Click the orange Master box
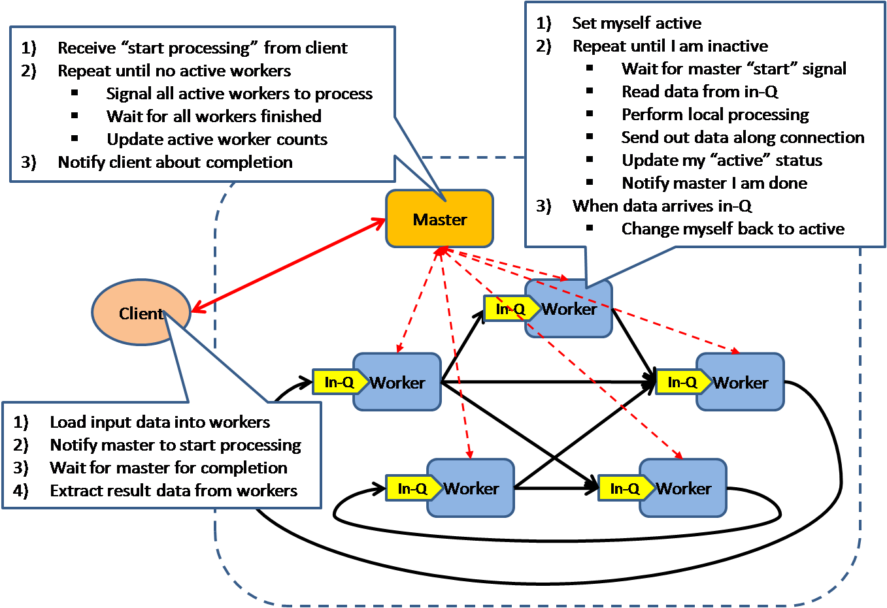pos(439,219)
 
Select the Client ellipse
pos(141,313)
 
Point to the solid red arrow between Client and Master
pos(288,265)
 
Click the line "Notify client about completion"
pos(175,162)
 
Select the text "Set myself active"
pos(636,24)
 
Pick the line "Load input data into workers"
pos(159,423)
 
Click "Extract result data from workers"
pos(173,490)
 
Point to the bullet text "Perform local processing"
pos(714,115)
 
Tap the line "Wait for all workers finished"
pos(214,116)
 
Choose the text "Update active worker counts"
pos(217,139)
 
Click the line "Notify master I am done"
pos(714,184)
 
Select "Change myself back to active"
pos(732,229)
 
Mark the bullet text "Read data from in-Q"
pos(699,92)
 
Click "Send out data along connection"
pos(743,138)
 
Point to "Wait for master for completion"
pos(168,468)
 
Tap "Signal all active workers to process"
pos(239,93)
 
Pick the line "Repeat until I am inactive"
pos(670,46)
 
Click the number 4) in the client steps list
pos(21,490)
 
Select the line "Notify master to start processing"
pos(175,445)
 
